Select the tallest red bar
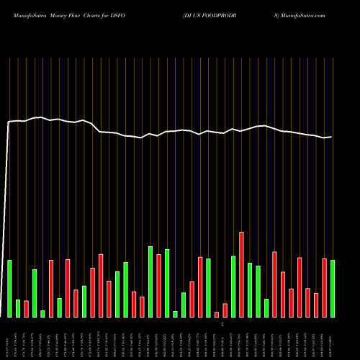(x=241, y=274)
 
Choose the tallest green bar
(x=150, y=282)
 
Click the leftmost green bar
(x=9, y=288)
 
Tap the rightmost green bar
(x=333, y=288)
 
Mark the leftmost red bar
(x=27, y=309)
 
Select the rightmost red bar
(x=324, y=287)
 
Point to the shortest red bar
(x=217, y=315)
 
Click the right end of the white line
(x=331, y=137)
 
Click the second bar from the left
(x=18, y=308)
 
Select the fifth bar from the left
(x=42, y=314)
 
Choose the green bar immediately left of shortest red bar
(x=208, y=288)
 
